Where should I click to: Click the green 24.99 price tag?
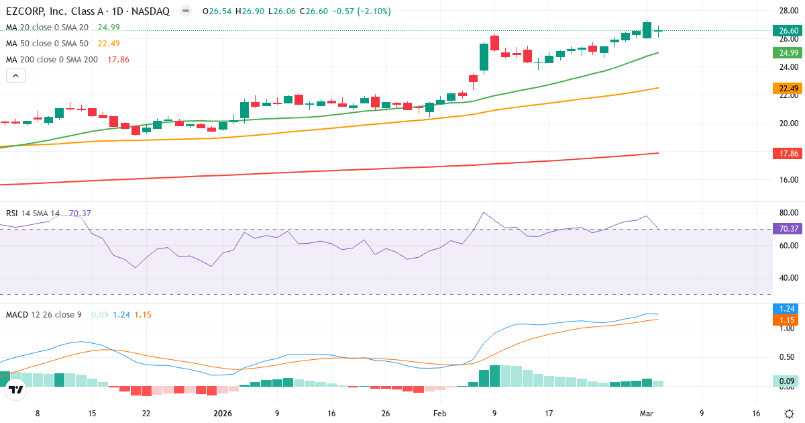789,53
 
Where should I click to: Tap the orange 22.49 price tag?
789,88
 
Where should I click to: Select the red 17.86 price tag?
789,153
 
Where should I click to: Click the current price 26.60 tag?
789,30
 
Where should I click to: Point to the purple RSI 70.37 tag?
789,228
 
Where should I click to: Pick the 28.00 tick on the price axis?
789,11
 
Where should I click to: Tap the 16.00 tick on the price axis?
789,180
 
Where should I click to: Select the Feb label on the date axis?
439,414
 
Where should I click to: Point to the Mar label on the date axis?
647,414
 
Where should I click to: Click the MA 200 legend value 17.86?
118,59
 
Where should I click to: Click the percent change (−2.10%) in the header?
367,11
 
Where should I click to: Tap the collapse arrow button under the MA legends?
15,76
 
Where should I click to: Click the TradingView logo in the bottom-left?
16,389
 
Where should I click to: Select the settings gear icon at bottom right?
789,414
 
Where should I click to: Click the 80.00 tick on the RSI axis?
789,214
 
